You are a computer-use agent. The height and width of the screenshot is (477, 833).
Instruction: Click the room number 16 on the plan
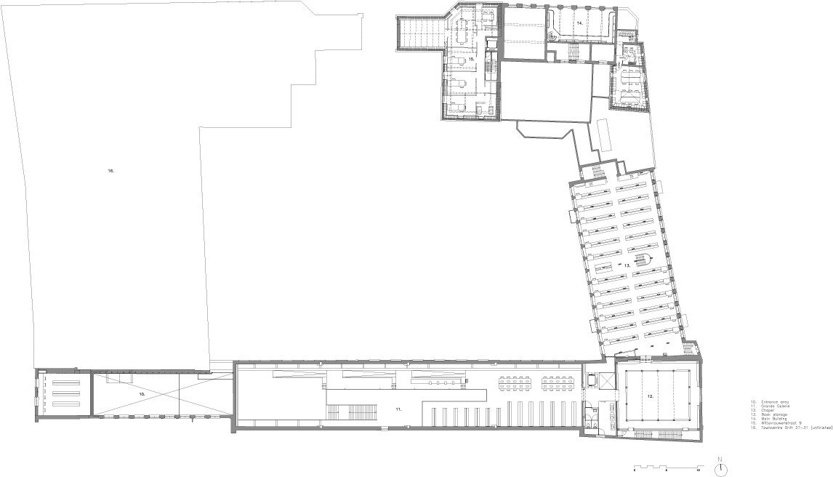110,171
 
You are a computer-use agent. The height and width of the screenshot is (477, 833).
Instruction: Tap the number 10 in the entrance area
142,393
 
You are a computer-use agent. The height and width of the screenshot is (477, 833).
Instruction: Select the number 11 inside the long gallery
398,409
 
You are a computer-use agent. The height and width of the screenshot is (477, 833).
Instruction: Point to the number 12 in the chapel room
651,396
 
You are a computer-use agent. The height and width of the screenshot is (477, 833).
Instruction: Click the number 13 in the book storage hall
627,265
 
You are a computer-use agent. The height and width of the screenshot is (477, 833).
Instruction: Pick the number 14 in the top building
580,23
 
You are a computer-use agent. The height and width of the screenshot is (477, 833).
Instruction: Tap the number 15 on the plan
471,57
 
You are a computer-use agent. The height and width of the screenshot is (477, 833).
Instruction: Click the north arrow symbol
719,468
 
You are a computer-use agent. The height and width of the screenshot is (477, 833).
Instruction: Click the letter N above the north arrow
719,459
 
